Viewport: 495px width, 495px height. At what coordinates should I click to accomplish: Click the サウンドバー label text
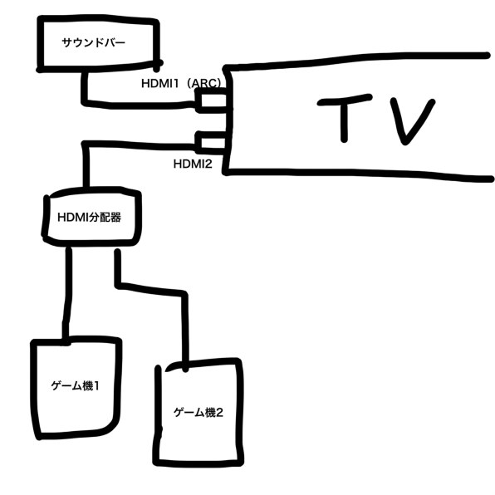[94, 42]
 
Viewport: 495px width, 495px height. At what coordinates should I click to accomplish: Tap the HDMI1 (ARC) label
[181, 83]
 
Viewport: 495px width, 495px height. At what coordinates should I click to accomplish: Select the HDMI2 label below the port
[193, 164]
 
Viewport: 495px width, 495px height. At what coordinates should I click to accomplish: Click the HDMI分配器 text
[90, 218]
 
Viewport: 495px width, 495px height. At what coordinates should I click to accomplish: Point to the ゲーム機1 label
[75, 385]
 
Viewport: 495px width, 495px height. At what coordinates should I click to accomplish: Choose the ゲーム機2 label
[198, 412]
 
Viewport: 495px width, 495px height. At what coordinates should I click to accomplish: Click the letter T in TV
[344, 117]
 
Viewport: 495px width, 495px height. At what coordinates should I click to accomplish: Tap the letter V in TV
[413, 120]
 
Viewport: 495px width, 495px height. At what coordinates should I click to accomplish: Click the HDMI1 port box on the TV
[212, 100]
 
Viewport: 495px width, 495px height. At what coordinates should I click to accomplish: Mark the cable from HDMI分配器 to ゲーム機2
[151, 289]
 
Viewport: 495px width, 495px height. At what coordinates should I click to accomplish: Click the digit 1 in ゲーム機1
[96, 385]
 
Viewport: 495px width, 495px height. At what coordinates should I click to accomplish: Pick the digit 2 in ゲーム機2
[219, 412]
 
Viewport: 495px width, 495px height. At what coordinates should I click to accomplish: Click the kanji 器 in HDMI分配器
[115, 218]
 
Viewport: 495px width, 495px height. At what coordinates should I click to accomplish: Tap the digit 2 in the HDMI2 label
[208, 164]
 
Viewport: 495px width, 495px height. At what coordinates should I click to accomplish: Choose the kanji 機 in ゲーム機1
[87, 385]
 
